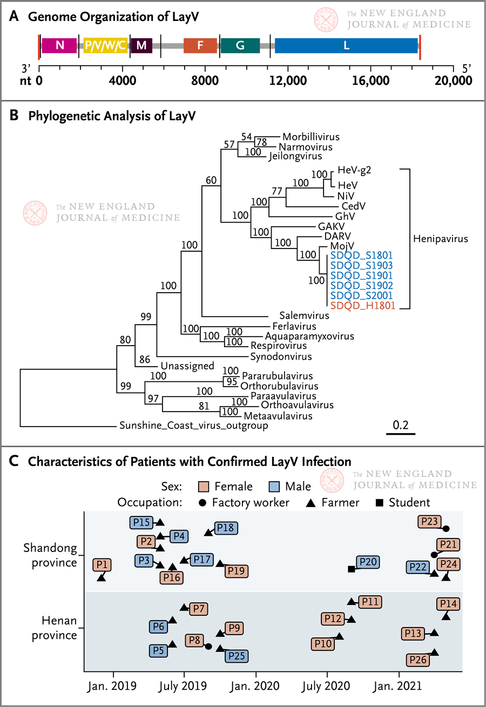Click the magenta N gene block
click(x=59, y=45)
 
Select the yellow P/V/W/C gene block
click(x=105, y=45)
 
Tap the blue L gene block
click(x=346, y=45)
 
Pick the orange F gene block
click(x=200, y=45)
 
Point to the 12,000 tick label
click(x=288, y=81)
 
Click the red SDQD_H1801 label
click(x=363, y=306)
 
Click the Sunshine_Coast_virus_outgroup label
click(x=194, y=426)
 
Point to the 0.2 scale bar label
click(x=401, y=425)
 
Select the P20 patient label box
click(x=368, y=562)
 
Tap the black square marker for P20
click(x=352, y=569)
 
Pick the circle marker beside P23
click(x=446, y=529)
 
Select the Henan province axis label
click(x=54, y=628)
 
